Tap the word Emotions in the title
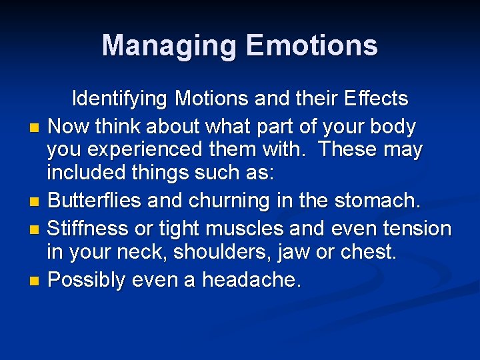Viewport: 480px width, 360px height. point(312,46)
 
